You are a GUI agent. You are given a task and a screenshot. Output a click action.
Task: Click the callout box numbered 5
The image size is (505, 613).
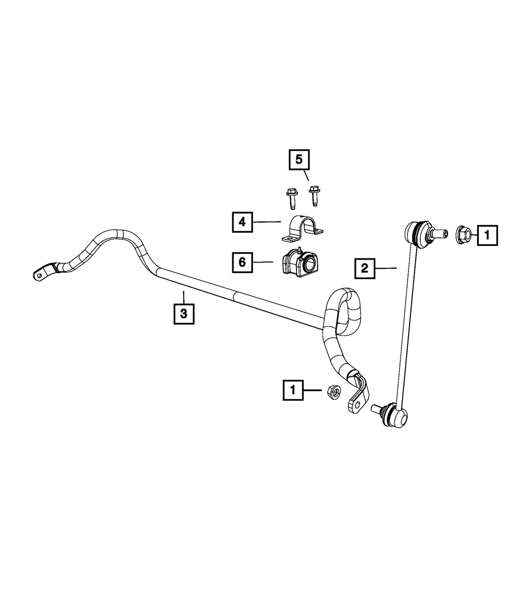299,160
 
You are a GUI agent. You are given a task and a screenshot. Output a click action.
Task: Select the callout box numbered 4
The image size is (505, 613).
242,222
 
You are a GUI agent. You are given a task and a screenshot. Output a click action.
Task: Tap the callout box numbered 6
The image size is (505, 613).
242,263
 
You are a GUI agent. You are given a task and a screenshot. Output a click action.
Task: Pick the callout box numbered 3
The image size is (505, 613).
184,314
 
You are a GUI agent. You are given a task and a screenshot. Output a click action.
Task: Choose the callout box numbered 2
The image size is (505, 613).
365,268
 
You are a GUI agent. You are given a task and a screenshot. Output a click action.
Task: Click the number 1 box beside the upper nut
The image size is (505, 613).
487,235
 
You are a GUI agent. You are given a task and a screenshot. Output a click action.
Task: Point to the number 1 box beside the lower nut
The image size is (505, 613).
293,390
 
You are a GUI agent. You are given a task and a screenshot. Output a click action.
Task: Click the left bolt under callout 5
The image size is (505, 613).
291,198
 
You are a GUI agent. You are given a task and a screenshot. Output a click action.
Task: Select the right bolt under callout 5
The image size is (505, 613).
314,196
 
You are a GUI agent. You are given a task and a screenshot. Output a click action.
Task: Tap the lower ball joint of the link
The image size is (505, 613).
395,414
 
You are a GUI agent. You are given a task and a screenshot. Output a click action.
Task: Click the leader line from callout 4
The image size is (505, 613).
267,222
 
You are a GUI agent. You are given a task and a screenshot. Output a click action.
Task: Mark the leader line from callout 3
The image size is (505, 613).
183,297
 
